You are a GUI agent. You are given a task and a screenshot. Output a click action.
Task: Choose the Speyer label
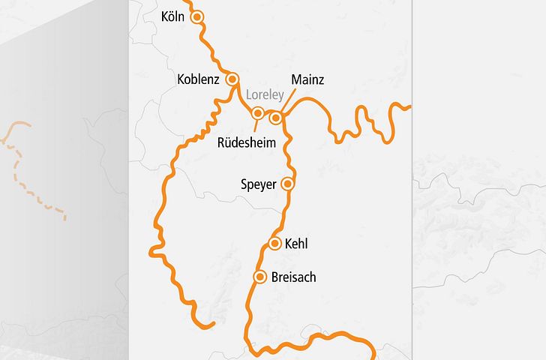(x=259, y=184)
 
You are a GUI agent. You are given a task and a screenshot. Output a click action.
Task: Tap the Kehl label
(x=297, y=244)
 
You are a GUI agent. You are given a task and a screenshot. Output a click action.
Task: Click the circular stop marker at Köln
(x=198, y=16)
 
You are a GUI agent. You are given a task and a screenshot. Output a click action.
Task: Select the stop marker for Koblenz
(x=232, y=78)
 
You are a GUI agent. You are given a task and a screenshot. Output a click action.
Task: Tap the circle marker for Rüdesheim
(x=258, y=114)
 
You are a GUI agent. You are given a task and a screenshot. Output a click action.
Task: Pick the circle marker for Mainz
(x=276, y=118)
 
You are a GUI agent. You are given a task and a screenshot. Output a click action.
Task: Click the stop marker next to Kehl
(x=274, y=243)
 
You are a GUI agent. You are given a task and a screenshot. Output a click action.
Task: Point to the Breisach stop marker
(x=260, y=277)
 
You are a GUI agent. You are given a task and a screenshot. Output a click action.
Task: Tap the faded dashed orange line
(x=30, y=172)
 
